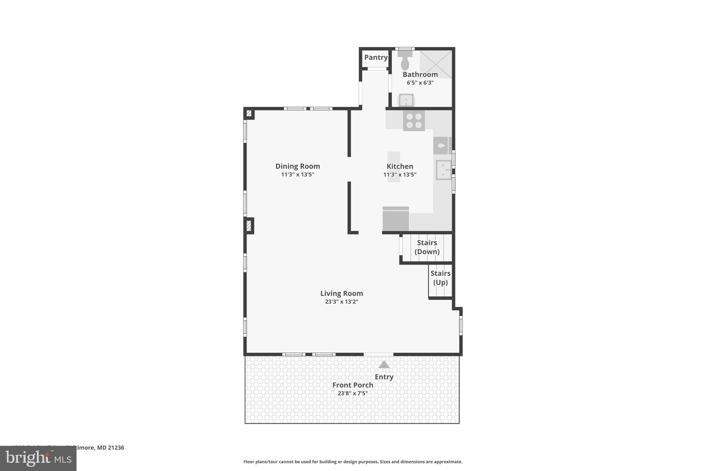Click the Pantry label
click(376, 57)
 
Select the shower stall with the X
click(436, 64)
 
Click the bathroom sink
click(406, 100)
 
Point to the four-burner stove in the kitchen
click(414, 121)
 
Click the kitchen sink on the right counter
click(443, 170)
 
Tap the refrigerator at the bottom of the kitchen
click(396, 219)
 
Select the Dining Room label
click(297, 166)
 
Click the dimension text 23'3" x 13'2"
click(341, 302)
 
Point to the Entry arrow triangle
click(384, 365)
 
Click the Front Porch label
click(352, 385)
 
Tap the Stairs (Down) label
click(427, 247)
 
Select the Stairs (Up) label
click(440, 278)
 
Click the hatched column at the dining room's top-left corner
click(249, 113)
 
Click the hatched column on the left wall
click(249, 226)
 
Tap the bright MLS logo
click(38, 459)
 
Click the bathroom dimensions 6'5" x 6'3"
click(420, 83)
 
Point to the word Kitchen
click(400, 166)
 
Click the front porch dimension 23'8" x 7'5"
click(352, 393)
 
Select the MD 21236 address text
click(110, 448)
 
